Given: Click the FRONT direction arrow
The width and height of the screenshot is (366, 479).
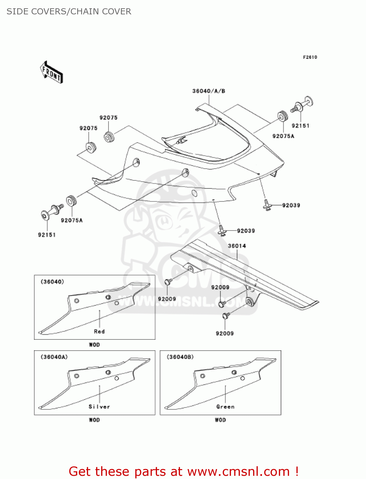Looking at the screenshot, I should pos(51,72).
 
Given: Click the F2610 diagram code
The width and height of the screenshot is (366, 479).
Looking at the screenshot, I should pos(310,57).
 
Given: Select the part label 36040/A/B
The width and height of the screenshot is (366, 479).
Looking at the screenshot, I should pos(209,91).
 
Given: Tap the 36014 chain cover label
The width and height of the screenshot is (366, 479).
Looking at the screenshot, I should pos(237,246).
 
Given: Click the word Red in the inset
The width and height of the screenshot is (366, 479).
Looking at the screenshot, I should pos(99,331).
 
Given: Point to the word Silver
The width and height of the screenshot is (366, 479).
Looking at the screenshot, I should pos(99,407).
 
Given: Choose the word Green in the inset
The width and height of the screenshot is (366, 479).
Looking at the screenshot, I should pos(225,407).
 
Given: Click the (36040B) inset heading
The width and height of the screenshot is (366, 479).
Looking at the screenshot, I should pos(180,357).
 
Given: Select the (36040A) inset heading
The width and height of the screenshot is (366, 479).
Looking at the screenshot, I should pos(54,357).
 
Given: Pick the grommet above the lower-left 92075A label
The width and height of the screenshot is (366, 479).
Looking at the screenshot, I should pos(71,201).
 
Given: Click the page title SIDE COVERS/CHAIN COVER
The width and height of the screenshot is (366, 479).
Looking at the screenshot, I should pos(69,11).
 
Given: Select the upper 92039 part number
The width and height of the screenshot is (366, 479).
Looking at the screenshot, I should pos(291,205).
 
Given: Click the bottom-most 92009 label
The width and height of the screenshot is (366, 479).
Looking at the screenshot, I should pos(225,333).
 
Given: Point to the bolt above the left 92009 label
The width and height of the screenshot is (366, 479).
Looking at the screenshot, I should pos(168,282).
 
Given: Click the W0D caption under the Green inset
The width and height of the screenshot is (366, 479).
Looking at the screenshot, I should pos(220,420).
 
